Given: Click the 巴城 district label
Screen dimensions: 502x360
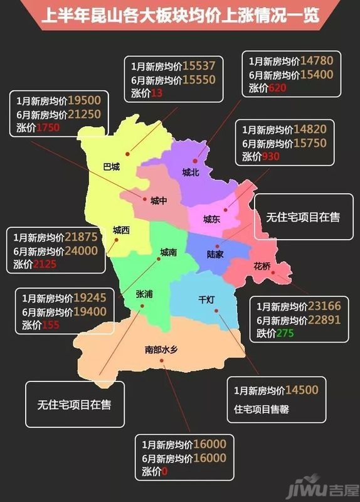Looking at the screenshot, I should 111,167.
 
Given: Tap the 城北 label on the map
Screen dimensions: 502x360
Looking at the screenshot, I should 190,173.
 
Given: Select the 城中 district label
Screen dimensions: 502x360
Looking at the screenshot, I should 159,201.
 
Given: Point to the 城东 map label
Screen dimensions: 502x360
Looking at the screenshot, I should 211,220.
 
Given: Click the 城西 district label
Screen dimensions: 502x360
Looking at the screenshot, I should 122,230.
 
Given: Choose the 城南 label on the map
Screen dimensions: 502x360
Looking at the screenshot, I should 168,252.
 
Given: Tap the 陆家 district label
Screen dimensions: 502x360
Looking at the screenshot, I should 215,255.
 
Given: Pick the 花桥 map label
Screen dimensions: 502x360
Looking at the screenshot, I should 262,266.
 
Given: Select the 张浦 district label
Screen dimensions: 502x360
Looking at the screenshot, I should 144,294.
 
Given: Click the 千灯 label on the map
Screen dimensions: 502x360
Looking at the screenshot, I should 206,299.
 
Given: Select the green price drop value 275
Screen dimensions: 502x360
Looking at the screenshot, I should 284,333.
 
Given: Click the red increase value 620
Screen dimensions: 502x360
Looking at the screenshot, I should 277,88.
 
